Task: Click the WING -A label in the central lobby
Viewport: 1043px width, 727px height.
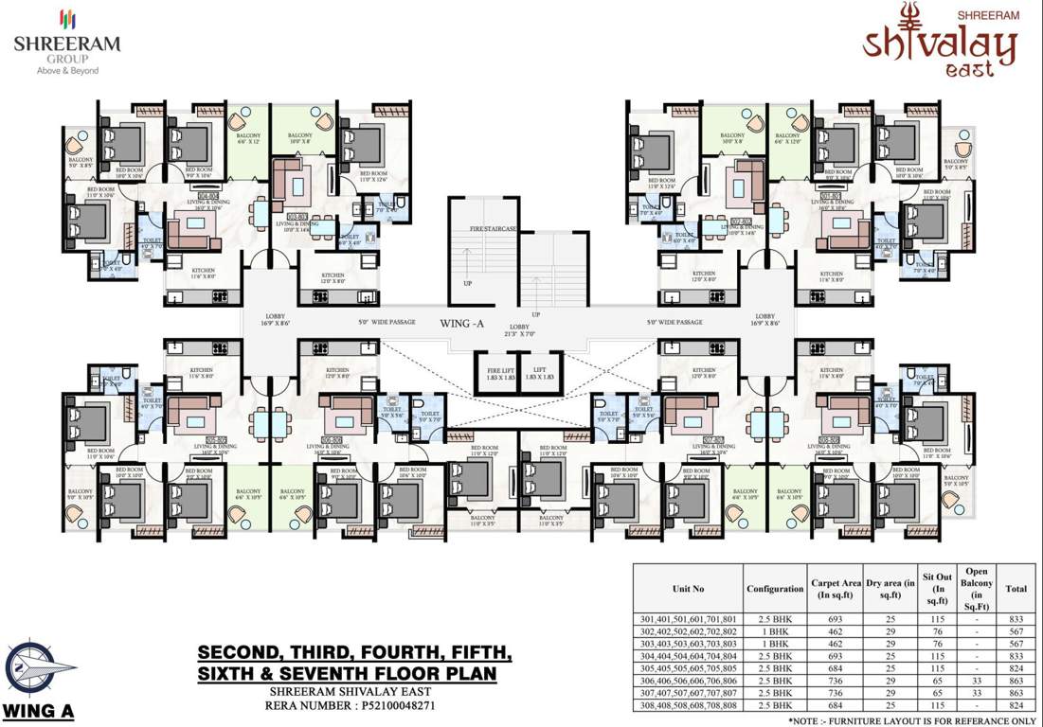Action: [462, 323]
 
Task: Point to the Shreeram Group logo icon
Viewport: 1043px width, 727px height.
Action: [66, 19]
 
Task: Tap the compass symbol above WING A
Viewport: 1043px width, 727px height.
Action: [39, 670]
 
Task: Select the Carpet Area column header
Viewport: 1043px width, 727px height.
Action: [834, 589]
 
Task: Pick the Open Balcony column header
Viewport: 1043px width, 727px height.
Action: [977, 589]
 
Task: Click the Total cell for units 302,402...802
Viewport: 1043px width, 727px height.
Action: [1016, 631]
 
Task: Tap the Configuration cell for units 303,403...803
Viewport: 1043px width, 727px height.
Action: [774, 644]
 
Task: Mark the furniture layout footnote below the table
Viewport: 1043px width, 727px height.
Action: [912, 720]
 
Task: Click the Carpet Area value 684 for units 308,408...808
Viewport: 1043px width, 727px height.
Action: [834, 704]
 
